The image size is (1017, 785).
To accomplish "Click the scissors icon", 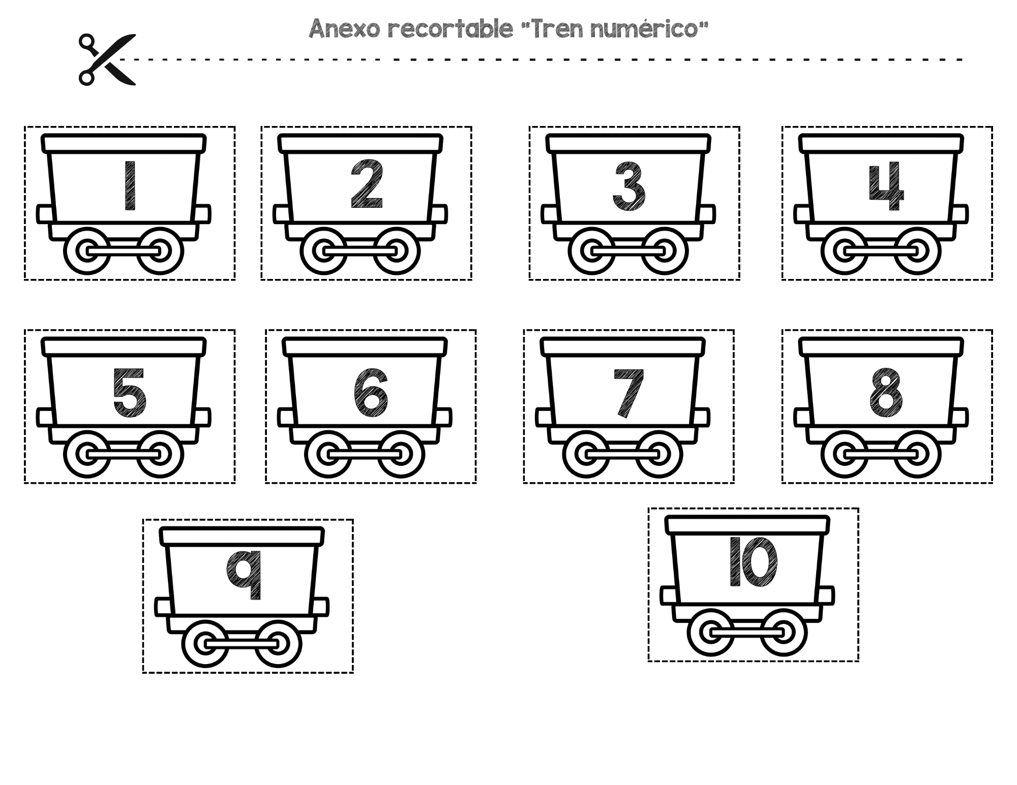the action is pos(107,59).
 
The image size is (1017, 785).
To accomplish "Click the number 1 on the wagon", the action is pos(130,185).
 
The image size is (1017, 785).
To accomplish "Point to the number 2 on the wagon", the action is pos(367,184).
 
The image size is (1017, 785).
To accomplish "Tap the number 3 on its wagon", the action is pos(629,186).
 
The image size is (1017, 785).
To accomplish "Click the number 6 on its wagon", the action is pos(371,392).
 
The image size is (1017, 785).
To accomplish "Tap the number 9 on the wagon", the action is pos(244,574).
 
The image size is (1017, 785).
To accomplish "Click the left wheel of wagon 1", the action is pos(87,252).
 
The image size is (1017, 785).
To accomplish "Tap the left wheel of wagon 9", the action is pos(205,644).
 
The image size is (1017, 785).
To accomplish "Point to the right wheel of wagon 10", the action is pos(784,633).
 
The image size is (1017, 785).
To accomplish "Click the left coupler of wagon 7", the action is pos(544,418).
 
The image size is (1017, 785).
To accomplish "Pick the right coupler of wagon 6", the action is pos(442,418).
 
